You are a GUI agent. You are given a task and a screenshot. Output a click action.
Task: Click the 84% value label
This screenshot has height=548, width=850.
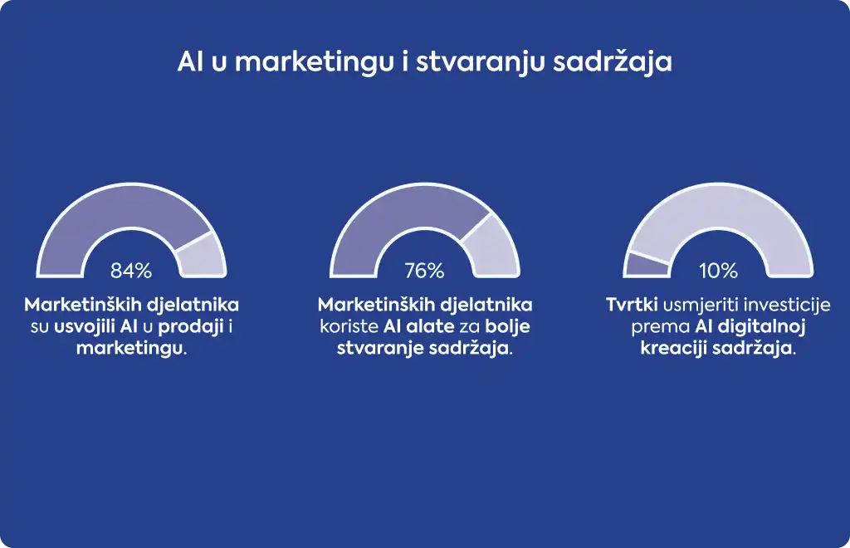(x=131, y=271)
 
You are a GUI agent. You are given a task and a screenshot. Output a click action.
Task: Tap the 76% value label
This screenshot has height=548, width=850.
(x=424, y=271)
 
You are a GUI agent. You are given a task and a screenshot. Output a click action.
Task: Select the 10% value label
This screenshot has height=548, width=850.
(x=718, y=271)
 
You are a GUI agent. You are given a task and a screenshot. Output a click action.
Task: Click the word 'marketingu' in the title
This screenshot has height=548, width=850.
(x=314, y=62)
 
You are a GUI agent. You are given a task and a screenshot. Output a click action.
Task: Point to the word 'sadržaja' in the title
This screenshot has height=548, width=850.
(x=613, y=62)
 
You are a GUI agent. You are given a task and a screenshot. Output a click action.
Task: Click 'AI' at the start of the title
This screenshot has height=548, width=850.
(x=190, y=61)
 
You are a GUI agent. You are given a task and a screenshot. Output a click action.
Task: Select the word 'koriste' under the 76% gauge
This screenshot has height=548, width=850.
(x=349, y=326)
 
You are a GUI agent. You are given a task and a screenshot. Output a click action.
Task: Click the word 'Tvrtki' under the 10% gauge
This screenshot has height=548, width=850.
(x=632, y=305)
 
